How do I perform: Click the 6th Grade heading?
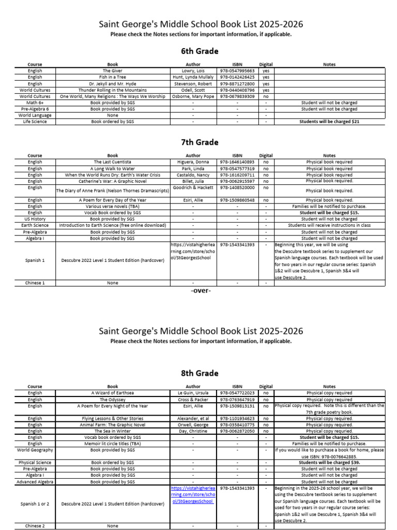pos(201,51)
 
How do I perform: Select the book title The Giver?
pos(112,71)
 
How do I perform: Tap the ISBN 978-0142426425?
pos(237,77)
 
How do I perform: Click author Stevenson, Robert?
pos(192,83)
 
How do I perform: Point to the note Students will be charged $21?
pos(329,122)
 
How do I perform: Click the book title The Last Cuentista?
pos(112,162)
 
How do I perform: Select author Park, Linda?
pos(192,169)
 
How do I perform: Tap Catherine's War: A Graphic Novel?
pos(112,181)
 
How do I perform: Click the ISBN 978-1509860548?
pos(237,200)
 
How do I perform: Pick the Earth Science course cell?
pos(35,226)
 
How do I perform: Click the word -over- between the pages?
pos(201,290)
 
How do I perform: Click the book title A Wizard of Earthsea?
pos(112,393)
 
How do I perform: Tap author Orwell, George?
pos(192,424)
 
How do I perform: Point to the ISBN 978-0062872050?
pos(237,431)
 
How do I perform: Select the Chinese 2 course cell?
pos(35,526)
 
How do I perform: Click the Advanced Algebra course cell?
pos(35,481)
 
